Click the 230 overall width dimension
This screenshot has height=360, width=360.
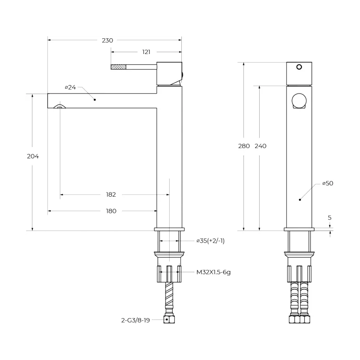[x=108, y=40]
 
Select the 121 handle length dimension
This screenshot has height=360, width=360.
[x=146, y=52]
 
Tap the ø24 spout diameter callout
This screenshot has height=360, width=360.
[x=70, y=87]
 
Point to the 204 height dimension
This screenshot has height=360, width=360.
[x=33, y=156]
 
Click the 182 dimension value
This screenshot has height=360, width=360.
[x=111, y=195]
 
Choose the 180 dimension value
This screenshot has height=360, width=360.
[x=111, y=211]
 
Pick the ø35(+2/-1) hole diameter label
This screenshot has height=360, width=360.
[x=211, y=241]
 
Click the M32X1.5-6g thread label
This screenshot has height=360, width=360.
[x=213, y=272]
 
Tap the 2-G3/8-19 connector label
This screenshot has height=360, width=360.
[x=135, y=320]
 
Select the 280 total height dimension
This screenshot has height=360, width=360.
[x=244, y=146]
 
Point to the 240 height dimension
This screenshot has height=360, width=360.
[x=261, y=146]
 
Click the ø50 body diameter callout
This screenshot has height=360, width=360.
[x=328, y=184]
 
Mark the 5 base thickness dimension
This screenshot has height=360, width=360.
[x=330, y=218]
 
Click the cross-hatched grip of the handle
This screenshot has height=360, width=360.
[x=118, y=67]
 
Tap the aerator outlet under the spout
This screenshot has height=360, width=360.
[x=60, y=106]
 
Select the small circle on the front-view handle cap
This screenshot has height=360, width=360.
[x=299, y=67]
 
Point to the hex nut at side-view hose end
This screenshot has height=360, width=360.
[x=299, y=319]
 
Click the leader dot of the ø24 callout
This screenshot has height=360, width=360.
[x=94, y=99]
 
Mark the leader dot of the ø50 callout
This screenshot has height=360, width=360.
[x=300, y=200]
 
